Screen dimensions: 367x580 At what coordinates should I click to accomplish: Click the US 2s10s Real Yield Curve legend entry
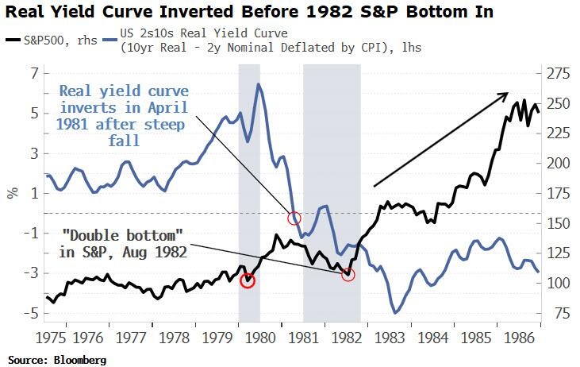point(262,41)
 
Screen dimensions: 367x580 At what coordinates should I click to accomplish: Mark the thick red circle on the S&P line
point(248,280)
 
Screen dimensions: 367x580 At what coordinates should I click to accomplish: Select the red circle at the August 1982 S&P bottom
point(348,274)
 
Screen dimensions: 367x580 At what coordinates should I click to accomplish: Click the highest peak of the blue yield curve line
point(259,84)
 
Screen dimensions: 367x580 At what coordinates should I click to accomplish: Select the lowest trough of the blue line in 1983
point(396,312)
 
